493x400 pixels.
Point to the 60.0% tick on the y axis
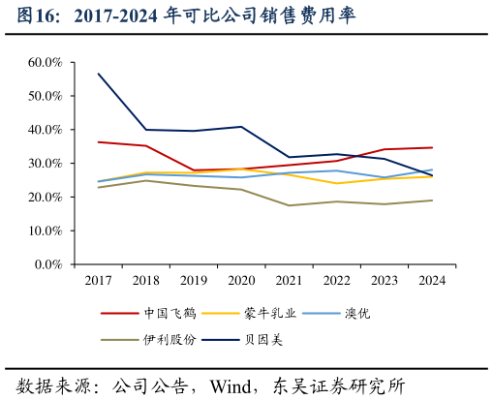46,62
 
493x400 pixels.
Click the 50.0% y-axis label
46,96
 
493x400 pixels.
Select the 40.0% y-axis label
46,130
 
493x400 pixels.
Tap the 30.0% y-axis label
46,164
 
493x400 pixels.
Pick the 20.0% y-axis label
46,198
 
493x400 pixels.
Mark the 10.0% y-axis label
46,231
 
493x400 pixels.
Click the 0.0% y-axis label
48,264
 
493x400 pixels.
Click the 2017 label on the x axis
98,281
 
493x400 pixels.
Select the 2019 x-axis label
193,281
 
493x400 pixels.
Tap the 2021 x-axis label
288,281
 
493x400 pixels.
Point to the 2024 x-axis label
431,281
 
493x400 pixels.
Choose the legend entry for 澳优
355,313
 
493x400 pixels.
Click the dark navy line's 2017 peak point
99,74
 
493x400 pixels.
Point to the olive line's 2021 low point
289,205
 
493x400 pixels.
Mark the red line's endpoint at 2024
432,147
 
